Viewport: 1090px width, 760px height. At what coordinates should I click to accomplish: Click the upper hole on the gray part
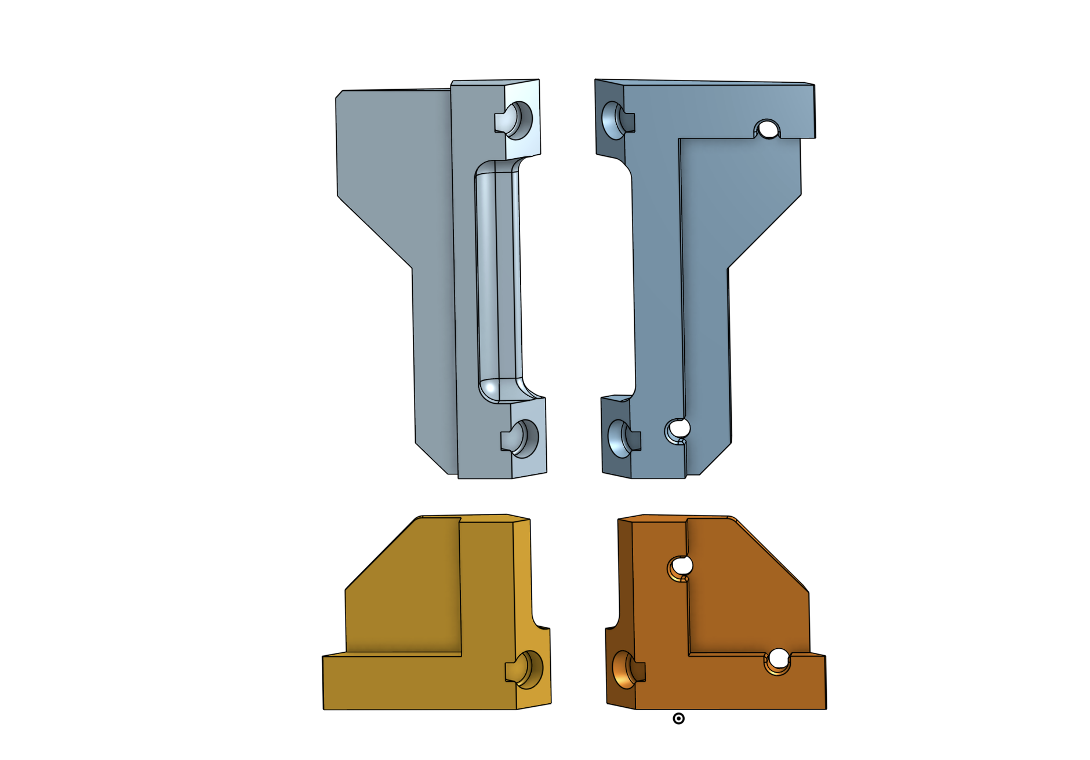(519, 120)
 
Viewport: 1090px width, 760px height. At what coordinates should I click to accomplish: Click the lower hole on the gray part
(525, 439)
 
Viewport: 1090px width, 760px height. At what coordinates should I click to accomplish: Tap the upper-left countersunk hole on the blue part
(612, 120)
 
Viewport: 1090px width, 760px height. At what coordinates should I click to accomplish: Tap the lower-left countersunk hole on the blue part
(619, 439)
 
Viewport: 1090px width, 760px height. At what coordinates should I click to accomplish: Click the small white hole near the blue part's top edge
(768, 130)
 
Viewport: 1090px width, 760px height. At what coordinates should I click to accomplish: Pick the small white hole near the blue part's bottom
(679, 429)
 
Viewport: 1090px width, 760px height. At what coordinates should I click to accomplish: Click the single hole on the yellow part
(529, 670)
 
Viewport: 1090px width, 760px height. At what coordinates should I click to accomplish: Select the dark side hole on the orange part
(624, 670)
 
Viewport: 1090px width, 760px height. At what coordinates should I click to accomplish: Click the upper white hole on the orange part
(682, 566)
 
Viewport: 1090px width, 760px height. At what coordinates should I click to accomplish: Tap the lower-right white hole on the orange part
(778, 659)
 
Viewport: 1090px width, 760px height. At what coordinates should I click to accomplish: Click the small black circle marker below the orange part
(678, 718)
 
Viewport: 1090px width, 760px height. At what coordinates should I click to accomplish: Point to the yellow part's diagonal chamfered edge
(380, 554)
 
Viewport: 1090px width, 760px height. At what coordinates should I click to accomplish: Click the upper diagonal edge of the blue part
(764, 232)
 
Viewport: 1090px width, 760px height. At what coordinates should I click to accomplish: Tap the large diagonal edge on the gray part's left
(375, 232)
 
